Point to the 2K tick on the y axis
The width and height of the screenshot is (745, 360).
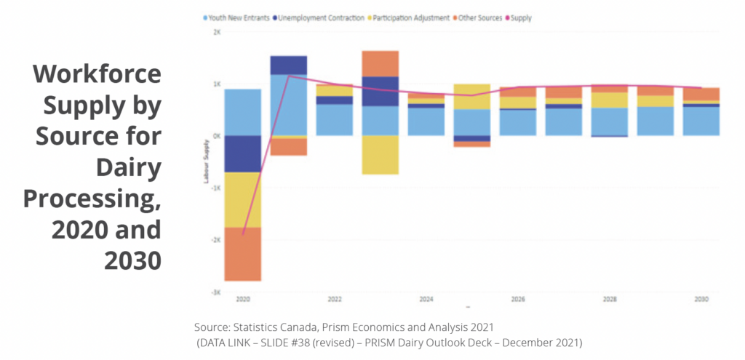[217, 32]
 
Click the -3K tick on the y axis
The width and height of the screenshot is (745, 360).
[216, 292]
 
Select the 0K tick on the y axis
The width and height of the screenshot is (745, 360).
[217, 136]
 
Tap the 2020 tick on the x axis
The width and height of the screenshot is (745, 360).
[242, 299]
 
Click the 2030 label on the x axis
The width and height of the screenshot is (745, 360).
[701, 299]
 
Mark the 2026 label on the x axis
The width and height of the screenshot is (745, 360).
[517, 299]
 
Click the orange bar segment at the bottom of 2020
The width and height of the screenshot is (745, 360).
[243, 254]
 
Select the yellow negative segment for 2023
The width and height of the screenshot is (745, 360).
[380, 155]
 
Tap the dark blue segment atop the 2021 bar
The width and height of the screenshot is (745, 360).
[288, 65]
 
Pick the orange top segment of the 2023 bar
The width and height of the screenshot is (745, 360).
[380, 63]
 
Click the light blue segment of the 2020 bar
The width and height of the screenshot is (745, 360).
[243, 112]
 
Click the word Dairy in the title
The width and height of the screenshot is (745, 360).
[128, 168]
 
